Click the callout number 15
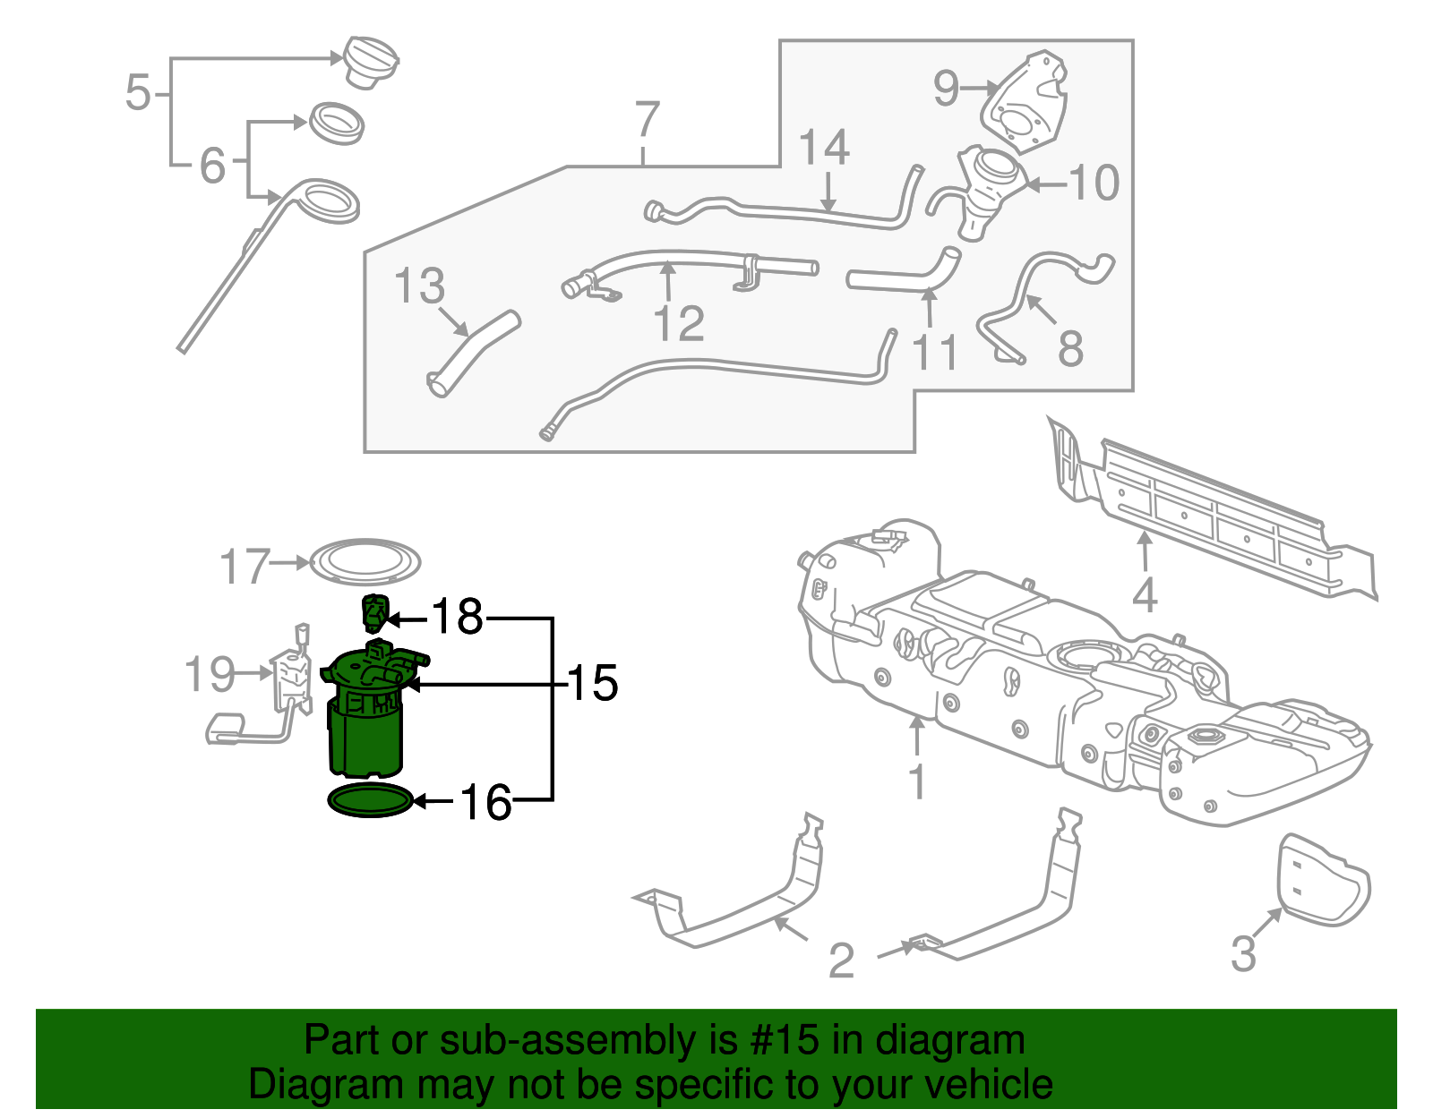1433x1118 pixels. point(593,683)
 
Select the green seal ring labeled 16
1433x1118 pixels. point(371,800)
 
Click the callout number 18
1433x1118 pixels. point(457,617)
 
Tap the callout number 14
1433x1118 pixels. point(824,148)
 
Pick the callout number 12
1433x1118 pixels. point(679,323)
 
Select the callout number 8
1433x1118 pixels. point(1070,349)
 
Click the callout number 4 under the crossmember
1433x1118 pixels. point(1145,595)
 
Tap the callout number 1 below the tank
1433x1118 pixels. point(917,781)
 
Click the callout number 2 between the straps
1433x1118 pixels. point(841,960)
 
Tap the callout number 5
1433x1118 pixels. point(138,93)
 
